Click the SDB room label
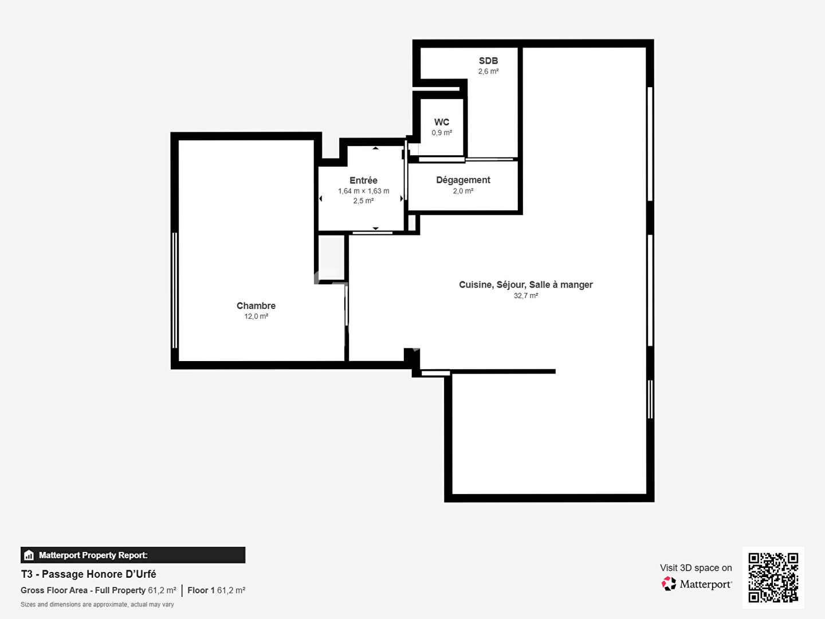click(x=488, y=61)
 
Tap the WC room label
click(x=441, y=122)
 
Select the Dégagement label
click(x=463, y=180)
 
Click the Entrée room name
click(x=363, y=181)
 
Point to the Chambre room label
click(x=256, y=306)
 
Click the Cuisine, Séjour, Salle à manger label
click(x=525, y=285)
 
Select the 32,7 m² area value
click(x=525, y=296)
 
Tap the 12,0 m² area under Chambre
click(x=256, y=316)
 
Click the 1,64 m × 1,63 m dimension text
click(x=363, y=191)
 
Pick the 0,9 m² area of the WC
click(x=442, y=133)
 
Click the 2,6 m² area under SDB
click(x=488, y=72)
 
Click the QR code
click(x=773, y=577)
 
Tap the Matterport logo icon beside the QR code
click(x=669, y=584)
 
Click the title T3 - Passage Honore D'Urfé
click(x=88, y=574)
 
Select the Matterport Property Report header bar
click(x=133, y=555)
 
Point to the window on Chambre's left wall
click(x=175, y=291)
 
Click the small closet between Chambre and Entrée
click(x=331, y=257)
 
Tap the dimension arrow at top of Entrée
click(x=375, y=148)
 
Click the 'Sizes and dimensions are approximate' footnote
click(x=97, y=605)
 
